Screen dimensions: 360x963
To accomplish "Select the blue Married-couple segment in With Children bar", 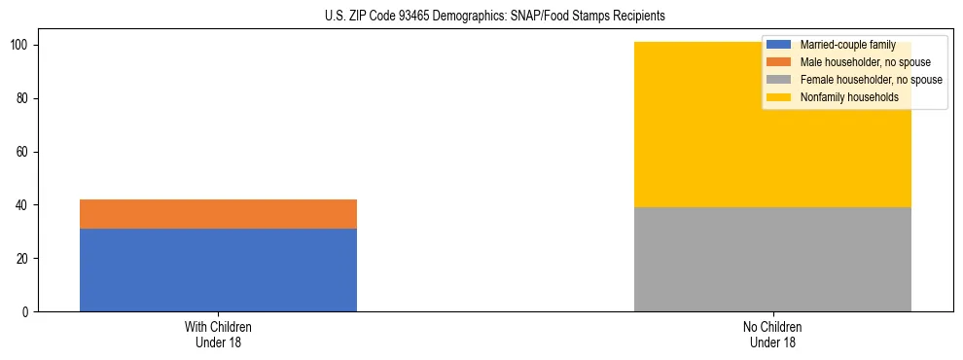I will [x=218, y=270].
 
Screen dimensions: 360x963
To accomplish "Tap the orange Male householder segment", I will [x=218, y=214].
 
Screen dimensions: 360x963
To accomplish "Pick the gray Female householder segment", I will [x=772, y=259].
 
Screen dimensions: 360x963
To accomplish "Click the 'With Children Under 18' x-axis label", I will [x=218, y=334].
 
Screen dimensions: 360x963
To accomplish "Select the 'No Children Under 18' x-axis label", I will [x=772, y=334].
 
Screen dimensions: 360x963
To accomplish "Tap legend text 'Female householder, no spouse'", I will [x=871, y=80].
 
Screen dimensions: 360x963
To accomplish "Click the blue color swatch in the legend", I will [x=779, y=45].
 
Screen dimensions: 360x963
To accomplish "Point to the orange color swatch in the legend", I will [x=779, y=62].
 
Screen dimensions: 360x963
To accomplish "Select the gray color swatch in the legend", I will [x=779, y=80].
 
